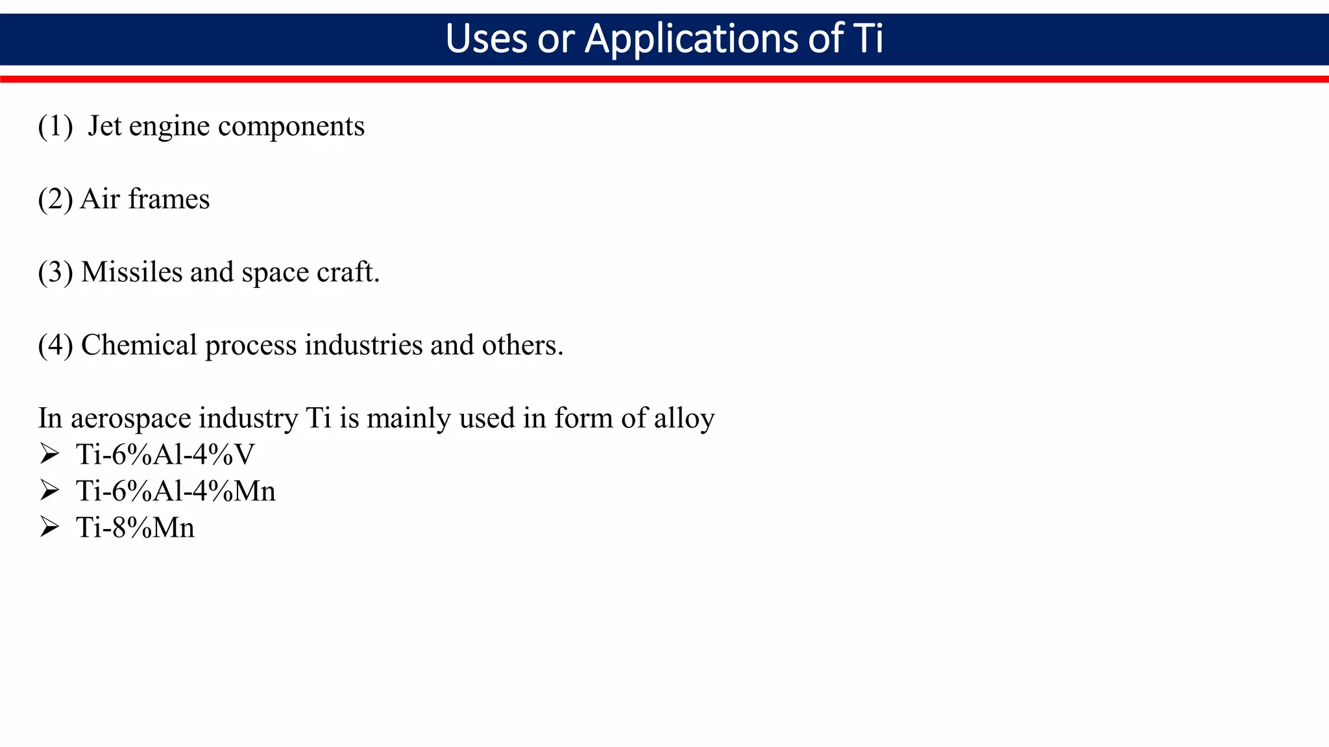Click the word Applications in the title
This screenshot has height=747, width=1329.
pos(692,39)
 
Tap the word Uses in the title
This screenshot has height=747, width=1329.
pos(486,39)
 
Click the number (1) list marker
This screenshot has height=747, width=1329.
pos(55,126)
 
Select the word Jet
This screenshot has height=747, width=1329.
pos(104,126)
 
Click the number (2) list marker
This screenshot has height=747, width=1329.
pos(55,199)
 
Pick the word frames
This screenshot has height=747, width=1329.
pos(169,199)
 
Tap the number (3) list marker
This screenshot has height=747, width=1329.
pos(55,272)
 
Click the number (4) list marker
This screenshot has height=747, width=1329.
pos(55,345)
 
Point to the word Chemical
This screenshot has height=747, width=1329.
pos(139,345)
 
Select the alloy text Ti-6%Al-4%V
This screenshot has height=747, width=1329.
pos(165,455)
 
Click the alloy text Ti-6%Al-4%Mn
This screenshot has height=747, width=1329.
pos(176,492)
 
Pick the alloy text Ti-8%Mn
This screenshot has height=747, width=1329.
pos(136,528)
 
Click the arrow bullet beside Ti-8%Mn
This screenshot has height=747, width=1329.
pos(49,527)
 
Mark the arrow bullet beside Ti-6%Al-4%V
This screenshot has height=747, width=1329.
pos(49,455)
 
